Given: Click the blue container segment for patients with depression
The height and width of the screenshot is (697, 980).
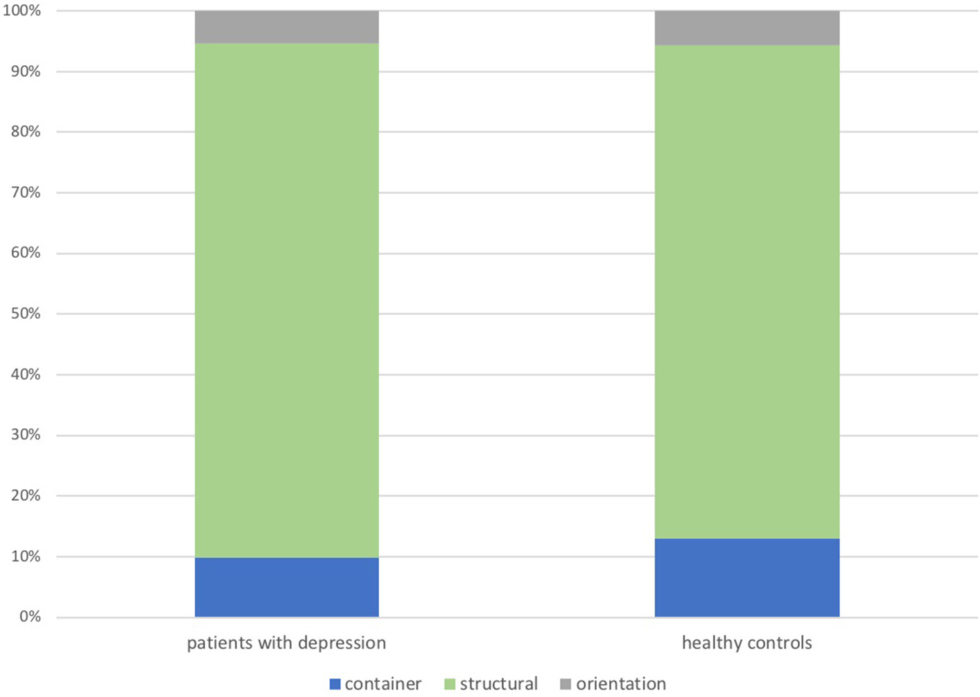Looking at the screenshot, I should [286, 587].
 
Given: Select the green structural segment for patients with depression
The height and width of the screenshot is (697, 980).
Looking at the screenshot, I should [286, 301].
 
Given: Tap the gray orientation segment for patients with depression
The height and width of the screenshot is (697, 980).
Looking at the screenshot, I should [286, 27].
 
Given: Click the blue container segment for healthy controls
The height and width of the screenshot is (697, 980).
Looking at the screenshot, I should [746, 577].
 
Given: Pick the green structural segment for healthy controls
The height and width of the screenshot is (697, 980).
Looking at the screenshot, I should [746, 292].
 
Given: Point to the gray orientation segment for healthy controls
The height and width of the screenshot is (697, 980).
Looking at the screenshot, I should [746, 28].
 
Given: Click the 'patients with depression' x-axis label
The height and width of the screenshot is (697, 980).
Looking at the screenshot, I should [286, 643].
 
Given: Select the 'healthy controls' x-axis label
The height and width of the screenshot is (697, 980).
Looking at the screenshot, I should [746, 643].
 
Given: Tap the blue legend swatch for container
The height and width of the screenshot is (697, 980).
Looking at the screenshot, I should [335, 685].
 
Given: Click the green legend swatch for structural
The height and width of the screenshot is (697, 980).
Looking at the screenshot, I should [450, 685].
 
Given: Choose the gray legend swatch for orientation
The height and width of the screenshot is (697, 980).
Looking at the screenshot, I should [566, 685].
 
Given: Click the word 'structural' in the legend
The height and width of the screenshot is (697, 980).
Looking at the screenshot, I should [498, 685].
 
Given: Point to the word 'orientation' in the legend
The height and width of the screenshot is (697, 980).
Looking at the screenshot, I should [620, 685].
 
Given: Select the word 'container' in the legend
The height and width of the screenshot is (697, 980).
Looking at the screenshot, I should [383, 685].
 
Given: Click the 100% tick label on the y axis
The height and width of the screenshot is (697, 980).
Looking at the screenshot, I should [22, 11].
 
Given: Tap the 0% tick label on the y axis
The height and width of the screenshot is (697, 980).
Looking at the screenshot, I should [30, 617].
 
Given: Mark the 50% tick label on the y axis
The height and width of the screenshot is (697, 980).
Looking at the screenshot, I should [26, 314].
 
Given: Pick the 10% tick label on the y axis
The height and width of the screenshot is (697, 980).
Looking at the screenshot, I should [26, 556].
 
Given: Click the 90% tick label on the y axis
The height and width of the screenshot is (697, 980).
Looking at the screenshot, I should [26, 71].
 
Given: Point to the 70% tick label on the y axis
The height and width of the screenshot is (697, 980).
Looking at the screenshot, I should [26, 193].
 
